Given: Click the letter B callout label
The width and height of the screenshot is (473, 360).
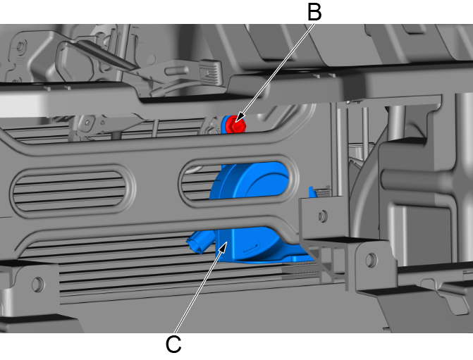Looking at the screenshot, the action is tap(314, 12).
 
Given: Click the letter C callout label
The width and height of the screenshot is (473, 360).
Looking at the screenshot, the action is tap(173, 344).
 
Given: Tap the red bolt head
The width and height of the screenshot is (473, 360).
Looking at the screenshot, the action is tap(235, 124).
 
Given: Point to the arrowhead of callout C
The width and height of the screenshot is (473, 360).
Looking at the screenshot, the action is tap(223, 249).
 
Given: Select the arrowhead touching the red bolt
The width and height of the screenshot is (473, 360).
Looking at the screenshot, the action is tap(240, 118).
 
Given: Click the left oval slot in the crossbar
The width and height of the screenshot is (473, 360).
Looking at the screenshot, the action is tap(72, 189).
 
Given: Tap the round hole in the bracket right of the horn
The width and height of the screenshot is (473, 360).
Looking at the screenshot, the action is tap(322, 216).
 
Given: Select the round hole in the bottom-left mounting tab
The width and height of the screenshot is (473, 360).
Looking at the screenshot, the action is tap(38, 284).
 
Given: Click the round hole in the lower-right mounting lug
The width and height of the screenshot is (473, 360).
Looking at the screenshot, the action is tap(371, 259).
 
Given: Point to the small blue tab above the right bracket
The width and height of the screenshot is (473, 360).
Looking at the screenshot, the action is tap(312, 192).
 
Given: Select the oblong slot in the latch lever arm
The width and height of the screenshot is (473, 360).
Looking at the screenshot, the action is tap(177, 71).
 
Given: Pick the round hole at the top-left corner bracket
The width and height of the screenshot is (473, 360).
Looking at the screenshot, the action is tap(20, 46).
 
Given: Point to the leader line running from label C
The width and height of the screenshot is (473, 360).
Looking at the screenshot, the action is tap(199, 291).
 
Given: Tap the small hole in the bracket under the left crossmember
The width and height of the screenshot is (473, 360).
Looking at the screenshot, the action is tap(87, 123).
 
